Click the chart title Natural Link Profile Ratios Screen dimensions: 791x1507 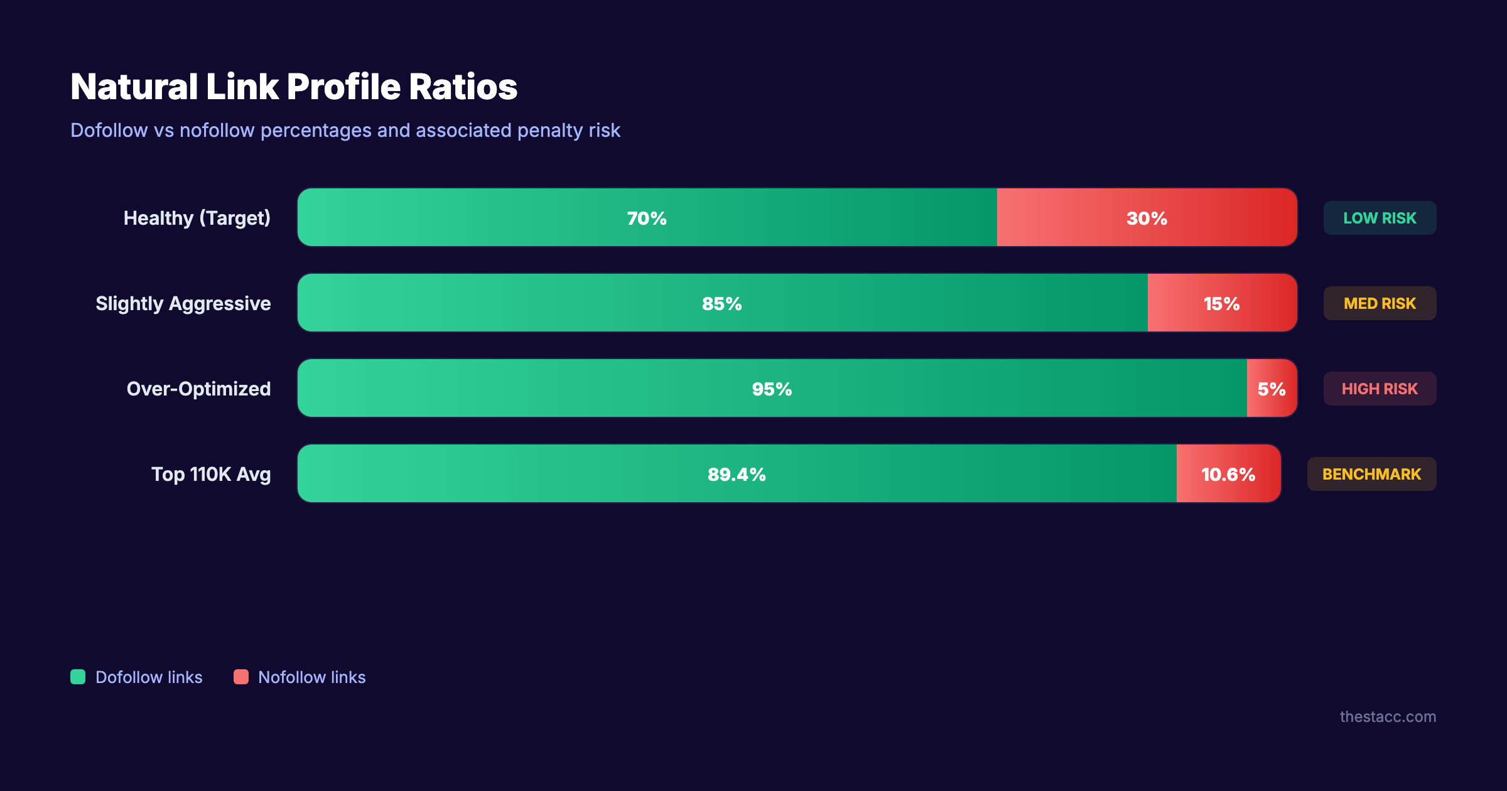coord(294,87)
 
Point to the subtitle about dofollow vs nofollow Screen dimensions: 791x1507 coord(345,130)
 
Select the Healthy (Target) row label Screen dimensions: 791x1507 coord(197,218)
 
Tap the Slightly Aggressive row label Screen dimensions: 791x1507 coord(183,303)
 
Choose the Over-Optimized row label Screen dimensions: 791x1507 coord(198,389)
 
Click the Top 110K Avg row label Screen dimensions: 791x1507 coord(211,474)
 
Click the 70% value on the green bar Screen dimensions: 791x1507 coord(647,218)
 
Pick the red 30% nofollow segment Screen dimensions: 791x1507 coord(1147,218)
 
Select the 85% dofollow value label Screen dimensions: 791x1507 coord(722,303)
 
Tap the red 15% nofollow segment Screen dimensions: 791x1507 coord(1221,303)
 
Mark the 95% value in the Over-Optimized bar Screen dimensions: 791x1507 coord(772,389)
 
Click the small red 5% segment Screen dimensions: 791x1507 coord(1272,389)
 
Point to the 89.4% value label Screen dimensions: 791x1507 coord(737,474)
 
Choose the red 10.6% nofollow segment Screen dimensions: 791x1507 coord(1228,474)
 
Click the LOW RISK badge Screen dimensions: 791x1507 coord(1380,218)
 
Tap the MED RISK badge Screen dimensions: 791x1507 coord(1380,303)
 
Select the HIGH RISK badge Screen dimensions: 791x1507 coord(1380,389)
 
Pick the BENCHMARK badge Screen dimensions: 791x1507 coord(1371,474)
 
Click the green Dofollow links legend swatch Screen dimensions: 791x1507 coord(78,677)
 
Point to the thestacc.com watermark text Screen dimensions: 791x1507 coord(1388,716)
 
